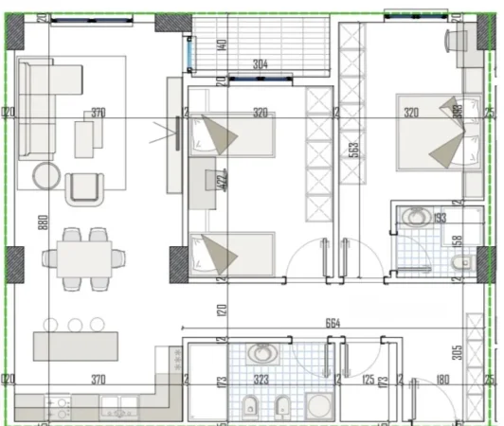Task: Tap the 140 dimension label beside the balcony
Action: coord(220,44)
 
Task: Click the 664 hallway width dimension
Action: coord(331,324)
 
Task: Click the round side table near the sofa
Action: coord(47,175)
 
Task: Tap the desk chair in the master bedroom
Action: coord(459,40)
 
